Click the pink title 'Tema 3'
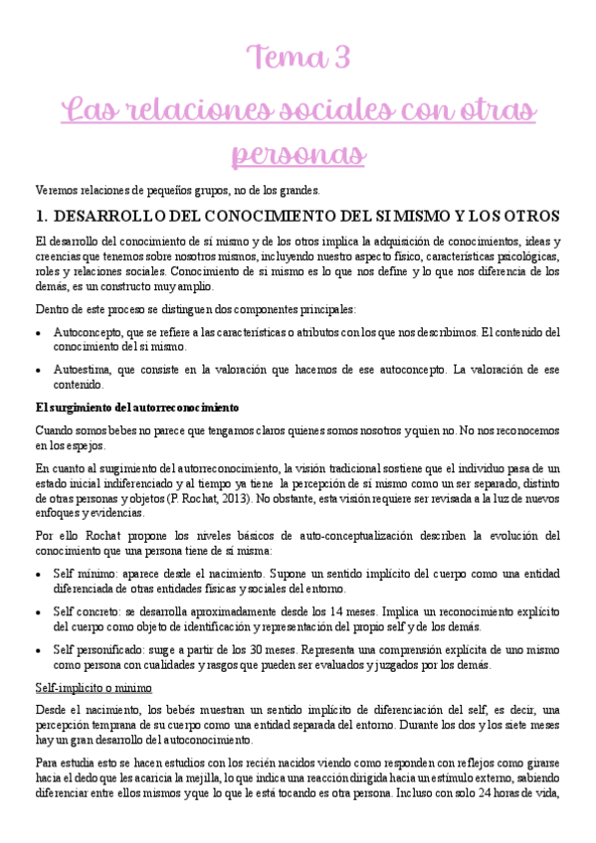299,58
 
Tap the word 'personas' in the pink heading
298,156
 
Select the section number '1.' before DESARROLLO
42,216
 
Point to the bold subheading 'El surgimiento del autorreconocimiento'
136,408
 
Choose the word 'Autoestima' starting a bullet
82,370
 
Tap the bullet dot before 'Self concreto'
38,612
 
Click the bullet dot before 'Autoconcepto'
38,332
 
